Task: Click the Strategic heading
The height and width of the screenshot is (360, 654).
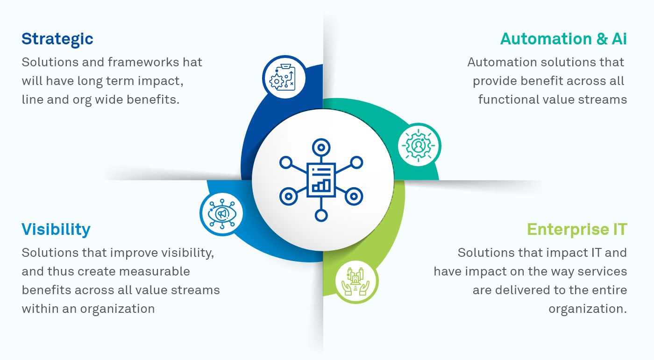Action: [57, 39]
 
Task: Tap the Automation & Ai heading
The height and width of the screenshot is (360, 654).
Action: [563, 39]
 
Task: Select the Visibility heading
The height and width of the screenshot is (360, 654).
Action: [56, 229]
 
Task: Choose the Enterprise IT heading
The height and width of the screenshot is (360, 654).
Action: [577, 229]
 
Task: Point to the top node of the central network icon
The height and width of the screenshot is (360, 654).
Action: [321, 148]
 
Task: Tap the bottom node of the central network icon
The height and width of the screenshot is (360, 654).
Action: [321, 215]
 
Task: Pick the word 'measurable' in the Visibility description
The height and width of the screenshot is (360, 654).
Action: [159, 271]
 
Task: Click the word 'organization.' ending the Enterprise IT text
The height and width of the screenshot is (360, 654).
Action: [588, 309]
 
